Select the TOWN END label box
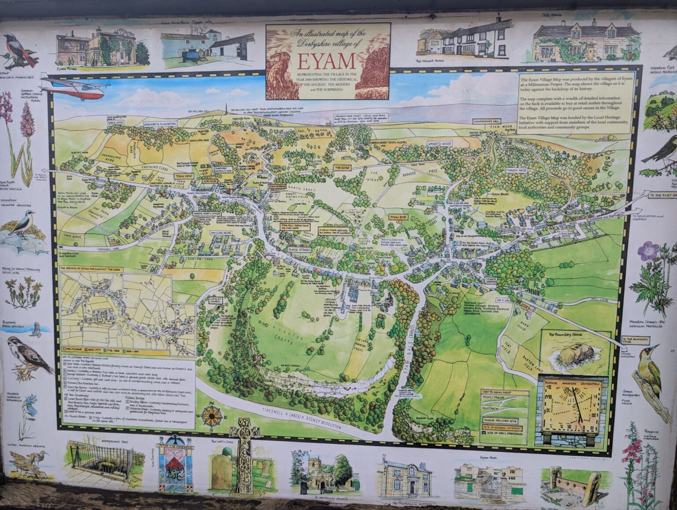(398, 217)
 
